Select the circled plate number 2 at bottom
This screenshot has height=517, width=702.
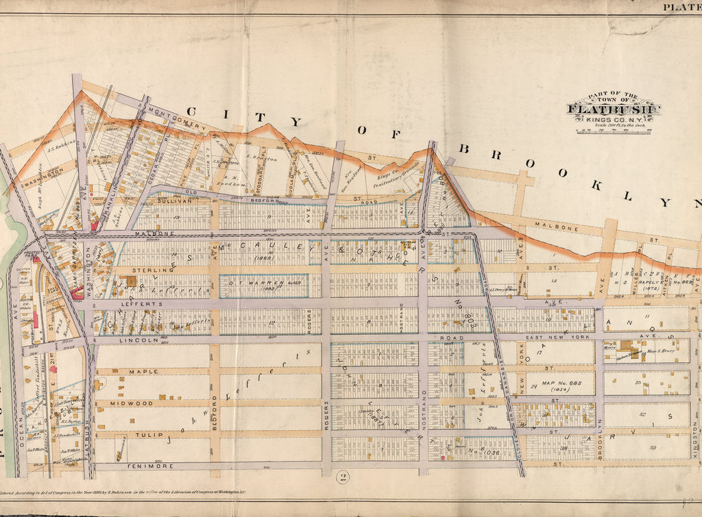pos(343,479)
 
